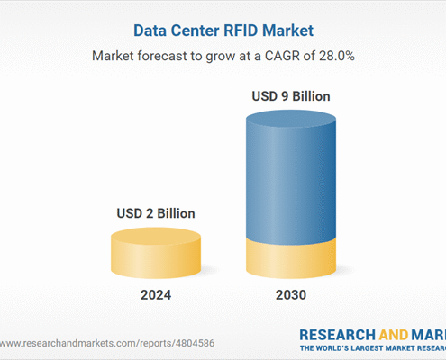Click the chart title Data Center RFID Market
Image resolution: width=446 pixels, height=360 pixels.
pyautogui.click(x=223, y=31)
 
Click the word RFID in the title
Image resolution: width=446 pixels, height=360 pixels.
pyautogui.click(x=237, y=31)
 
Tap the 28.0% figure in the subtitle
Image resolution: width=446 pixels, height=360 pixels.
pyautogui.click(x=332, y=56)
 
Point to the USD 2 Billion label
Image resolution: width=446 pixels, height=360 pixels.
pyautogui.click(x=155, y=213)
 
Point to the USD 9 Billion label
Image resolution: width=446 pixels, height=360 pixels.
pyautogui.click(x=290, y=95)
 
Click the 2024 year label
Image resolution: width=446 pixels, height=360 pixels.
pyautogui.click(x=155, y=294)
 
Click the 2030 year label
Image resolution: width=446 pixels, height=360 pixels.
pyautogui.click(x=290, y=294)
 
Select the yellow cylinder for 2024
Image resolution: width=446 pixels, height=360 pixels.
pyautogui.click(x=155, y=254)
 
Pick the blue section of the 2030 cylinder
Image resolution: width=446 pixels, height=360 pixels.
pyautogui.click(x=290, y=180)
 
